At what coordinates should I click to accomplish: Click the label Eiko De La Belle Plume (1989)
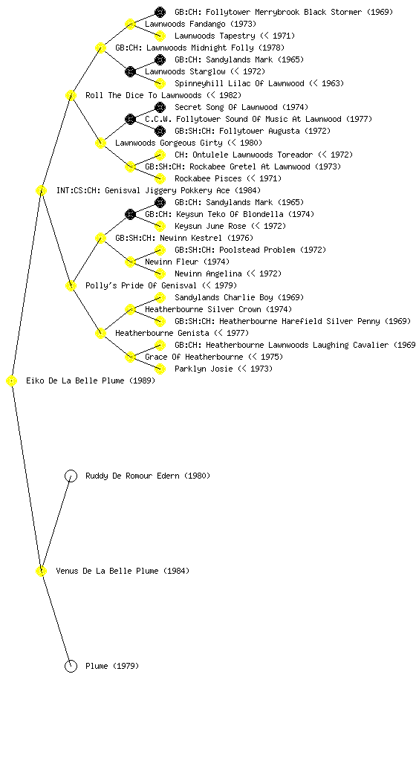coord(91,381)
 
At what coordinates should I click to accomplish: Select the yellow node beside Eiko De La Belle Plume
coord(12,381)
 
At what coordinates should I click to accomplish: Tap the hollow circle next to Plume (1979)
coord(71,666)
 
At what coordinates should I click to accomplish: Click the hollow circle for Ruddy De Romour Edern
coord(71,476)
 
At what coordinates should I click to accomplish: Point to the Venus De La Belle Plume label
coord(123,571)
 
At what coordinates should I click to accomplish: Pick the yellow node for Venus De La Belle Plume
coord(41,571)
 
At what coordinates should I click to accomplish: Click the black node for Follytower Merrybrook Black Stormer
coord(160,12)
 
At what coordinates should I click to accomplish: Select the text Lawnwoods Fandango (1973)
coord(201,24)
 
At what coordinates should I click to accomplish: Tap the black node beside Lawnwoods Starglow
coord(130,71)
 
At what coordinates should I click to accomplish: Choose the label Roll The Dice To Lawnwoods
coord(163,95)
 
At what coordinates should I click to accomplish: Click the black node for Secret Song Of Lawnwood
coord(160,107)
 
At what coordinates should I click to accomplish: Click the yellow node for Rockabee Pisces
coord(160,178)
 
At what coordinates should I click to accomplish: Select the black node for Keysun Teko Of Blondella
coord(130,214)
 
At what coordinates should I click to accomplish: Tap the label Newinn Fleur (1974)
coord(187,262)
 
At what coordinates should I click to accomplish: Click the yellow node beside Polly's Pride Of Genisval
coord(71,285)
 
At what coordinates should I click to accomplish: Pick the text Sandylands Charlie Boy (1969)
coord(239,297)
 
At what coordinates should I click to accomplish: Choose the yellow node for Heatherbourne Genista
coord(100,333)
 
